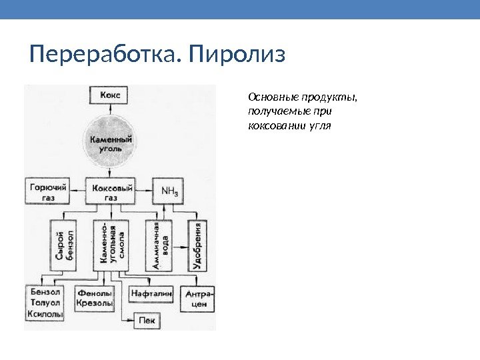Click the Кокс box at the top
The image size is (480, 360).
(x=111, y=95)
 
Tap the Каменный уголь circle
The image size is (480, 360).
(x=111, y=145)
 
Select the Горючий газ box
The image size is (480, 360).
(x=48, y=192)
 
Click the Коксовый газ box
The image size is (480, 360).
(x=111, y=192)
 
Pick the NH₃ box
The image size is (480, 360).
(x=169, y=192)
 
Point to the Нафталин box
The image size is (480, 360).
(x=152, y=292)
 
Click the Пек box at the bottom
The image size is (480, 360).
(x=147, y=320)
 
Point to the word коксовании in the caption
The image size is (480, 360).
(x=272, y=125)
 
